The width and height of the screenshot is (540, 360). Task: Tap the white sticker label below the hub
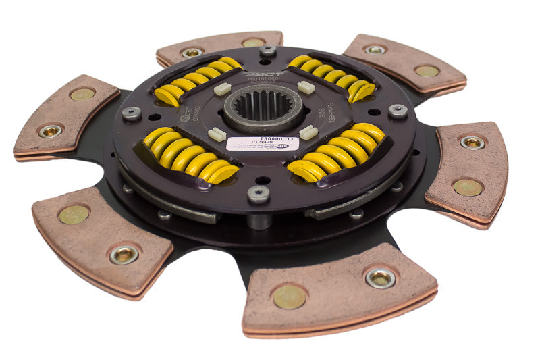point(263,143)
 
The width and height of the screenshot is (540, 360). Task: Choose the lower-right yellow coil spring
point(337,153)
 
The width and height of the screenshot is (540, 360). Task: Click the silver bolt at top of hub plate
point(268,51)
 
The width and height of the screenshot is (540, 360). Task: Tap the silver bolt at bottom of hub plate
point(259,195)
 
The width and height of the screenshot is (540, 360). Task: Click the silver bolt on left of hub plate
point(131,113)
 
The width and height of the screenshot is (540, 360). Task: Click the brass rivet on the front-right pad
point(290,297)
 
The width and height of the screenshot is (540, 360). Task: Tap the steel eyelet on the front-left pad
point(124,254)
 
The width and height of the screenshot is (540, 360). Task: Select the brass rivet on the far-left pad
point(82,95)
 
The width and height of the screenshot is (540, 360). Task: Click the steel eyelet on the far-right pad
point(473,143)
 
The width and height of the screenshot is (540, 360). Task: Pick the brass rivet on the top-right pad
point(427,70)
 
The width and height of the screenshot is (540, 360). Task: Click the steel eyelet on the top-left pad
point(192,52)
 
